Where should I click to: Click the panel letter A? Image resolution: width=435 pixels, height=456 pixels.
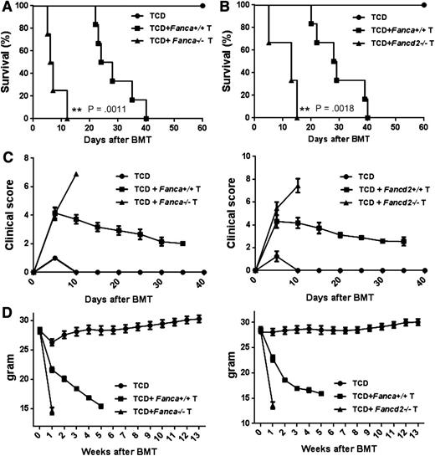8,8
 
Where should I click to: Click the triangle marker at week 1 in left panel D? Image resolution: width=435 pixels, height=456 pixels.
52,411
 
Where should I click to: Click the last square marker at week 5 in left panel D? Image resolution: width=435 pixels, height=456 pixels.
101,407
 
